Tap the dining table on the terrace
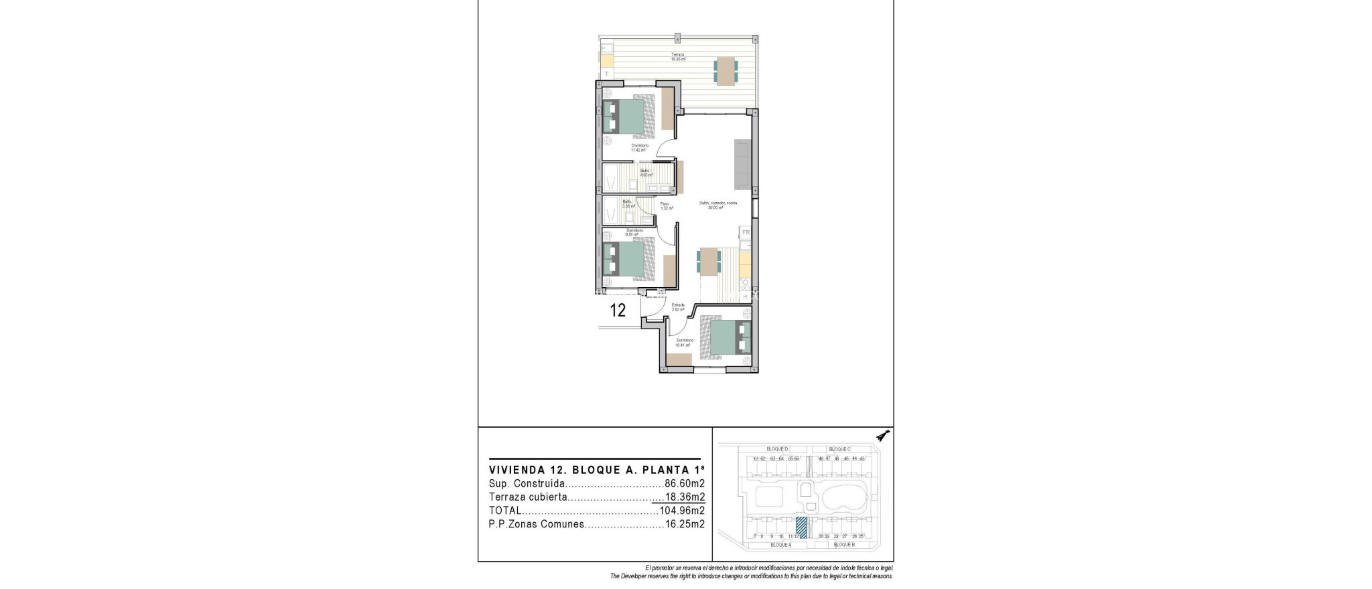click(726, 71)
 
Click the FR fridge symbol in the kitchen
click(746, 233)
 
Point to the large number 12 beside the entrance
click(618, 311)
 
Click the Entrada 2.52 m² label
click(678, 307)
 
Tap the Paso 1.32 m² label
click(666, 206)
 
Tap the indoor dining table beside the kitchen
click(709, 261)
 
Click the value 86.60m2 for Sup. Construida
click(685, 484)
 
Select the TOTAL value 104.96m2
click(682, 511)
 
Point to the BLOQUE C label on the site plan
click(839, 449)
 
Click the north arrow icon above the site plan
click(884, 436)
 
